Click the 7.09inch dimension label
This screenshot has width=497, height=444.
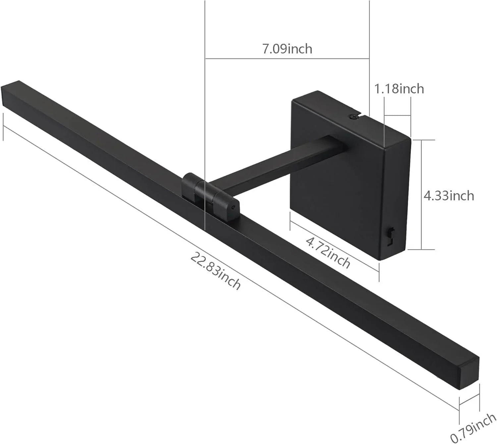point(287,49)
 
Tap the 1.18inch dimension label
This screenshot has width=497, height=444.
point(399,89)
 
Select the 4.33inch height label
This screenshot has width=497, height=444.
point(449,195)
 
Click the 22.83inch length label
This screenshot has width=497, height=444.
point(215,271)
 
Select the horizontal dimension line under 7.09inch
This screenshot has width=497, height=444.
point(287,59)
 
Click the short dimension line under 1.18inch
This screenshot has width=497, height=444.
point(397,116)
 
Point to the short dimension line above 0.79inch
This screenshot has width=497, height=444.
point(469,400)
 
